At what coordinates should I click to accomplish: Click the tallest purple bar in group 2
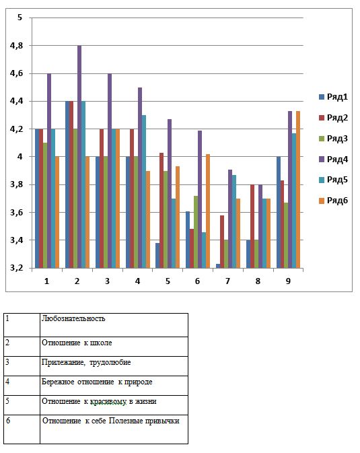tap(79, 157)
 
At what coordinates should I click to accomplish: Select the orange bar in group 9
tap(298, 190)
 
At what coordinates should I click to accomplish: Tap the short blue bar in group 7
tap(218, 266)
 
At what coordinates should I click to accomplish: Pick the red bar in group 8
tap(252, 226)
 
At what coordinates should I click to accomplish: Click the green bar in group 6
tap(196, 232)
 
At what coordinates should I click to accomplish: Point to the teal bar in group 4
tap(144, 192)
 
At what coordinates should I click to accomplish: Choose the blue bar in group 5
tap(157, 255)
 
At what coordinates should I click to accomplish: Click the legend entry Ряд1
tap(333, 97)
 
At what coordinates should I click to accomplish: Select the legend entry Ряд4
tap(333, 159)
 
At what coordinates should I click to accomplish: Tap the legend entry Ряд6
tap(333, 201)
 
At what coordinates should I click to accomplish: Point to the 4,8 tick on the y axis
tap(16, 45)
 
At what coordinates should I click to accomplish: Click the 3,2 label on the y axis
tap(16, 268)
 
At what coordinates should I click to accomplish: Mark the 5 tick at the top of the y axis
tap(20, 18)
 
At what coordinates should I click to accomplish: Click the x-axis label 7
tap(227, 281)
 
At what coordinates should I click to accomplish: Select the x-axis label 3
tap(107, 281)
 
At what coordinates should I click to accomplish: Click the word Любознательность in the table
tap(73, 318)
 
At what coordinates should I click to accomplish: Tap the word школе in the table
tap(101, 343)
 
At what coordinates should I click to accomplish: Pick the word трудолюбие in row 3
tap(110, 362)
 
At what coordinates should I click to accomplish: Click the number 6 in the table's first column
tap(8, 420)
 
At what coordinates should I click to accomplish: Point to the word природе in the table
tap(138, 382)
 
